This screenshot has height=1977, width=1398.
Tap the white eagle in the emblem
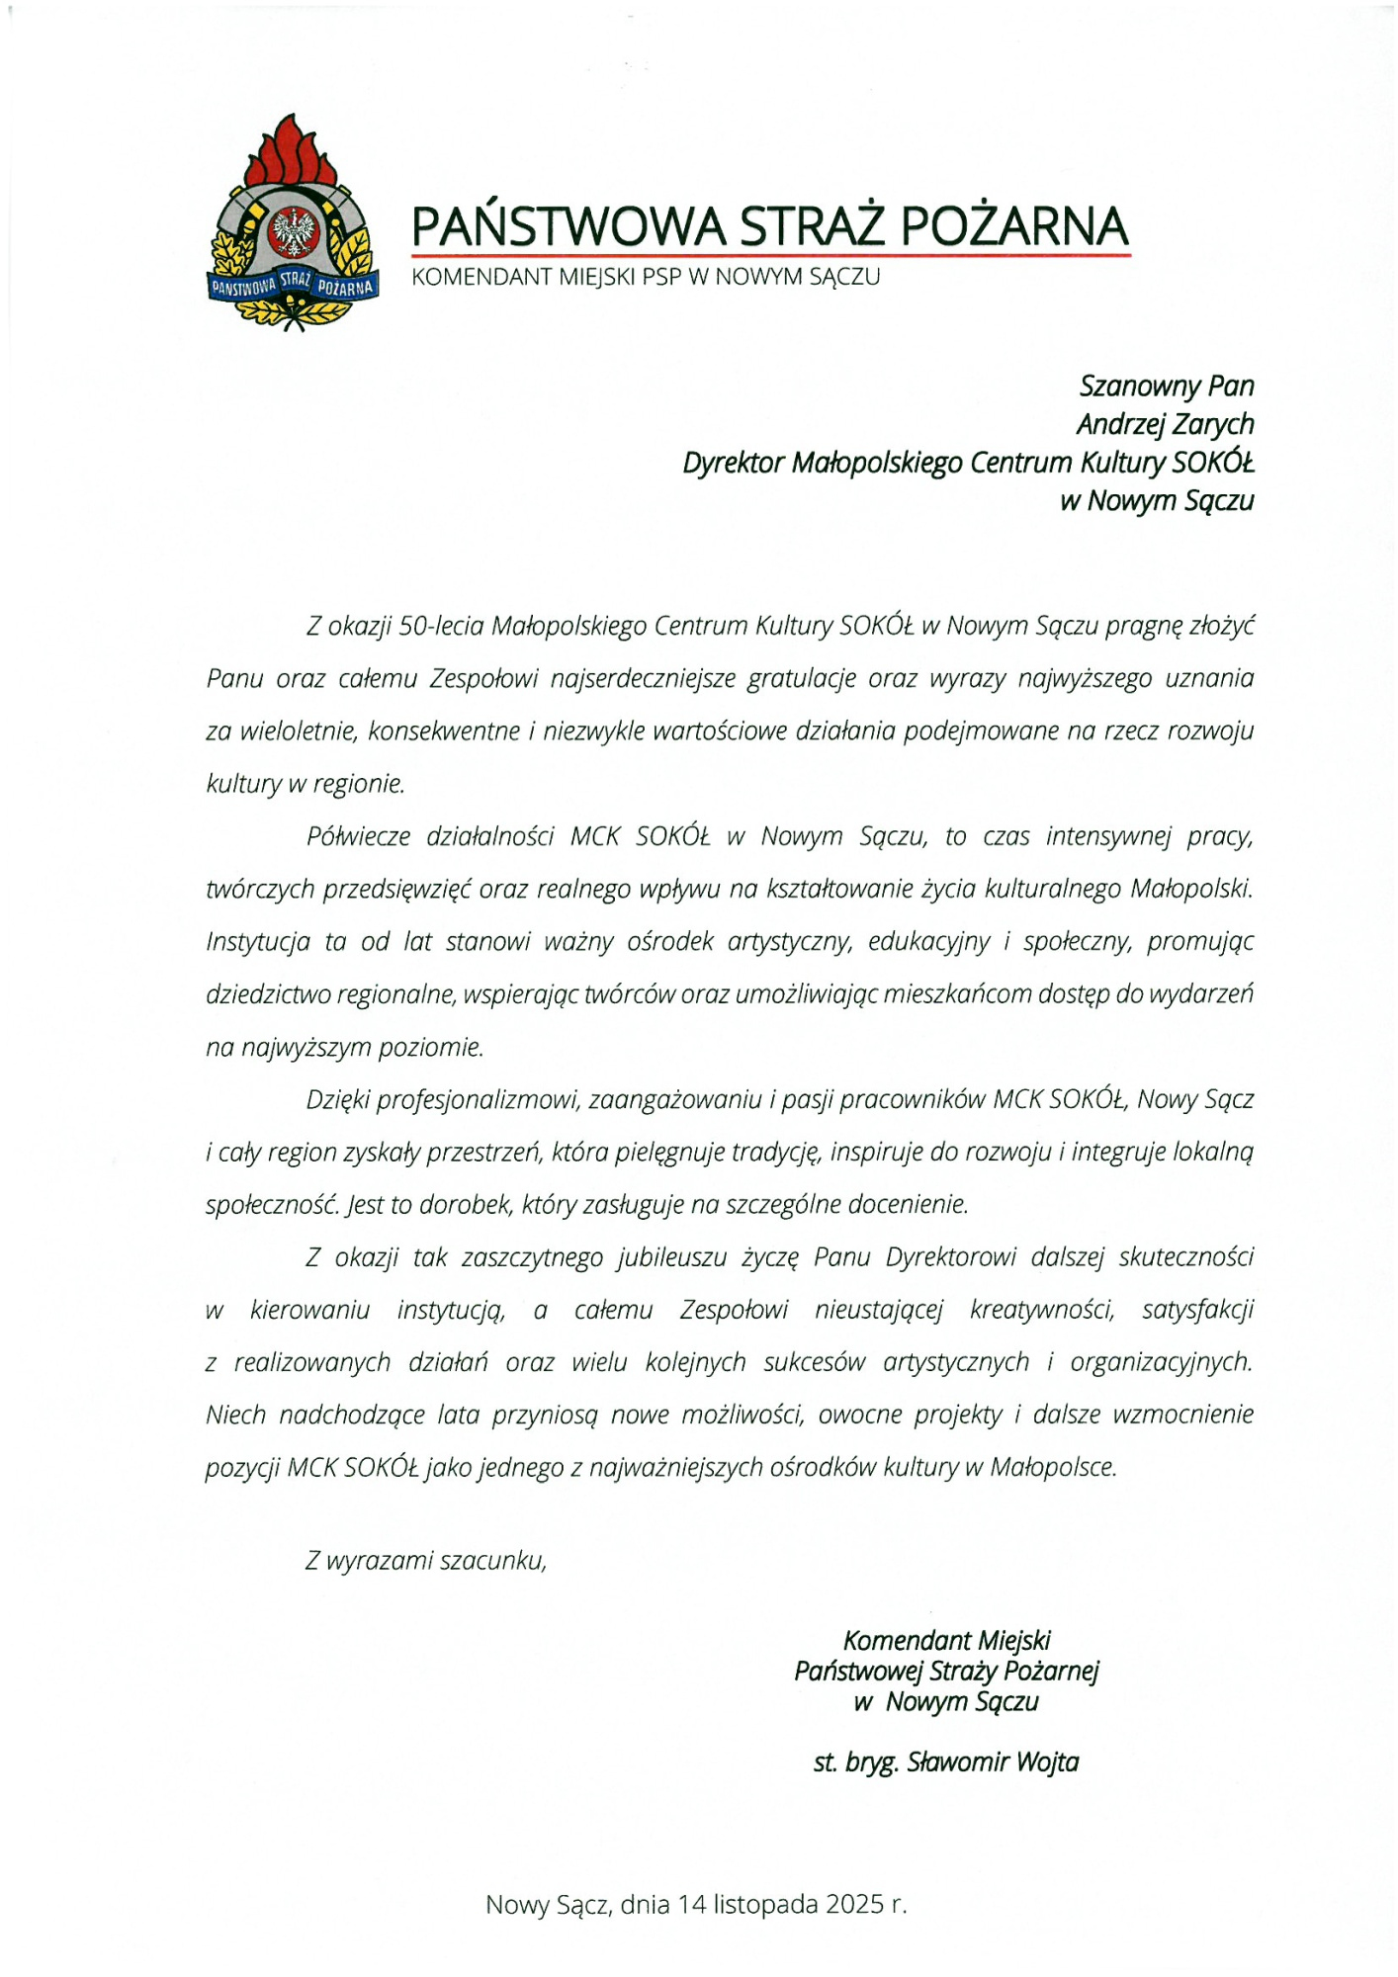pos(293,231)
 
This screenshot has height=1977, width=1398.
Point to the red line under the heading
pos(771,256)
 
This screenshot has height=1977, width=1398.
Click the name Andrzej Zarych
pos(1165,424)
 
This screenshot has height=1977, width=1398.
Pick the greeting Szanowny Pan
pos(1167,386)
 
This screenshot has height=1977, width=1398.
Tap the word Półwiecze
pos(358,836)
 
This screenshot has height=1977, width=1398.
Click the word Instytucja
pos(258,941)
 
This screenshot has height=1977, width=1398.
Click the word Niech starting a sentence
pos(235,1415)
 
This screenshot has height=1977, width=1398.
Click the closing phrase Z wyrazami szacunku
pos(425,1561)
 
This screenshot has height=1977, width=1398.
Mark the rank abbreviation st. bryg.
pos(855,1762)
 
